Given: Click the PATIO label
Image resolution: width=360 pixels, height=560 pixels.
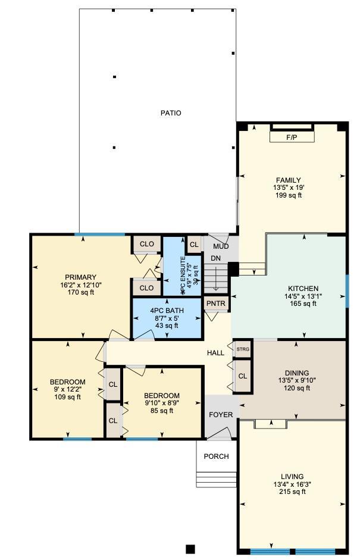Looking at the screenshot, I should pyautogui.click(x=170, y=113).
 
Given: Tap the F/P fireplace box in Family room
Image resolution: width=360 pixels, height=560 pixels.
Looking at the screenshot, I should pyautogui.click(x=292, y=137).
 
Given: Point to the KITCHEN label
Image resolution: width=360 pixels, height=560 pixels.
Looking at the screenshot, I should pyautogui.click(x=303, y=289).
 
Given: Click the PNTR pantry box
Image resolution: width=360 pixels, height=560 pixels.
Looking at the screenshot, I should pyautogui.click(x=215, y=303).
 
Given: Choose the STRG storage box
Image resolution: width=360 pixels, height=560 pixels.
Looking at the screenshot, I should pyautogui.click(x=243, y=349).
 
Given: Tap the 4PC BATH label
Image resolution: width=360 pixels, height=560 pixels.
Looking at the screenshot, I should pyautogui.click(x=167, y=311).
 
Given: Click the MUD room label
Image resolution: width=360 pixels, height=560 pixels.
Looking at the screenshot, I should pyautogui.click(x=221, y=246).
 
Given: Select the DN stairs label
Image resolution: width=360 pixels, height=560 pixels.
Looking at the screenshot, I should pyautogui.click(x=215, y=258).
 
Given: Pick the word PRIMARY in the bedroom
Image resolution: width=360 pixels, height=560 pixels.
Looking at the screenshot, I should pyautogui.click(x=80, y=277).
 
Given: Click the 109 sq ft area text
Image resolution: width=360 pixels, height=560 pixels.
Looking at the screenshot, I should pyautogui.click(x=67, y=397).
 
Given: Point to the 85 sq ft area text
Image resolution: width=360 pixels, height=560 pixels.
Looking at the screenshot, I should pyautogui.click(x=162, y=410).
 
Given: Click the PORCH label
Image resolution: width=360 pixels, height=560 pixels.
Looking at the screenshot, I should pyautogui.click(x=216, y=457).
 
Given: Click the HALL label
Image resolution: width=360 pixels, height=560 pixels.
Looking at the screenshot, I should pyautogui.click(x=215, y=353).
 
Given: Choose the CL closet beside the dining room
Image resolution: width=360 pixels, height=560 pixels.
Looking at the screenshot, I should pyautogui.click(x=243, y=377).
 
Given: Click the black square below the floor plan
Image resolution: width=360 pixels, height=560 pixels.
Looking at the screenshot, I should pyautogui.click(x=190, y=549).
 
